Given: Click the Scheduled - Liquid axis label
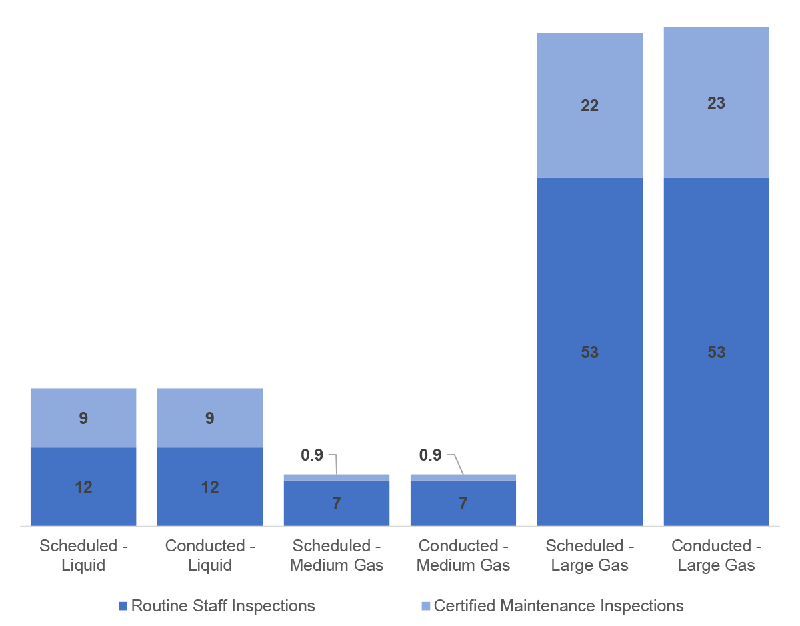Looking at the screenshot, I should tap(83, 555).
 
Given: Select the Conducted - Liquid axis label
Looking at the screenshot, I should tap(210, 555).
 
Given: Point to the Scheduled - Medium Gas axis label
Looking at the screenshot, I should tap(337, 555).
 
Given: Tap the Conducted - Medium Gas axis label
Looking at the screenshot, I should tap(463, 555).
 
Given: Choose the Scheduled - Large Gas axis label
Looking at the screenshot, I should tap(590, 555).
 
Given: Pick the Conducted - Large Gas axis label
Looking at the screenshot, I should tap(717, 555).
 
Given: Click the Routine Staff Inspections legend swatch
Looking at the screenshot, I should tap(123, 606).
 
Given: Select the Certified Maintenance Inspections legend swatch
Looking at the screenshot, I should tap(425, 606).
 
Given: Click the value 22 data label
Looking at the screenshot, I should tap(590, 105).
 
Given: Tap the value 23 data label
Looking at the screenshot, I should tap(717, 103).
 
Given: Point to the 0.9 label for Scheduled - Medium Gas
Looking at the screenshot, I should tap(312, 455).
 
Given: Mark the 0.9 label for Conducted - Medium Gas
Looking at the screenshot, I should tap(431, 455).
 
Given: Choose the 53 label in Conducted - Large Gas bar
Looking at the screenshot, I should tap(717, 352).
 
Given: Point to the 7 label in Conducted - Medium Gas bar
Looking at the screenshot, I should tap(463, 503).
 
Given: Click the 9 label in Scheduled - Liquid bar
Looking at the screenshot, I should tap(83, 418).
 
